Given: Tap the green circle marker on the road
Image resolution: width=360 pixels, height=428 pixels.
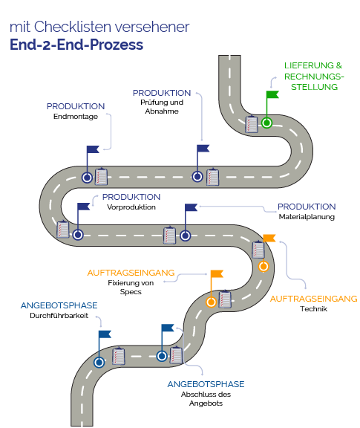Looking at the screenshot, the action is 266,123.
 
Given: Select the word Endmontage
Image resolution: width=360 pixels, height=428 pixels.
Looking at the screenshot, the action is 76,117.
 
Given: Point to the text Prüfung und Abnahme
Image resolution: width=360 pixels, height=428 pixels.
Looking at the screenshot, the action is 162,107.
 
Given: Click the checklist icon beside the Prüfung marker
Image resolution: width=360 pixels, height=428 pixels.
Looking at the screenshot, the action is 212,177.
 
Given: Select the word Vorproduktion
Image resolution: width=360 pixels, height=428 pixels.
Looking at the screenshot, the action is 131,207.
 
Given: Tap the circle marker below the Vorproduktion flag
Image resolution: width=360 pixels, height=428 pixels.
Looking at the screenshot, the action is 78,235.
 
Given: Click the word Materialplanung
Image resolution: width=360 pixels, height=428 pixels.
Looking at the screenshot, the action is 307,217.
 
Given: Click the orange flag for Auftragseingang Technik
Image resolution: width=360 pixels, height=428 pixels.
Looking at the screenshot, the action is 269,238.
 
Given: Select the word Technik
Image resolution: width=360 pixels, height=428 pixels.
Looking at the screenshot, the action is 314,309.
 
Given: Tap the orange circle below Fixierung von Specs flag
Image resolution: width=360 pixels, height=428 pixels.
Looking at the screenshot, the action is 211,302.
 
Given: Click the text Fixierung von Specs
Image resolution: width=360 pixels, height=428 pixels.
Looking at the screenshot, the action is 131,287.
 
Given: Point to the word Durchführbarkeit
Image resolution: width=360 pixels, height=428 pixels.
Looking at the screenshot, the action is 59,316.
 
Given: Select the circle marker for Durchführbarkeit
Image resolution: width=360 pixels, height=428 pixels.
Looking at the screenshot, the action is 99,363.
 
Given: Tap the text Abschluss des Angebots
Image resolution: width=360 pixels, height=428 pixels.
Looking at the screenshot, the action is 206,399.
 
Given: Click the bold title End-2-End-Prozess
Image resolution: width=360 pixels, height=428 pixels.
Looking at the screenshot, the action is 76,45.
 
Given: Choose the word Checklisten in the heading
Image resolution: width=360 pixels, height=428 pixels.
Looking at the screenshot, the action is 73,27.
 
